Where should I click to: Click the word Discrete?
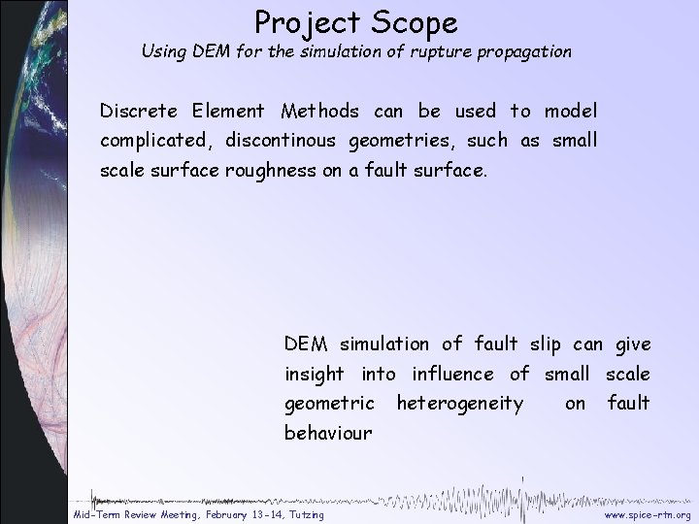pyautogui.click(x=137, y=111)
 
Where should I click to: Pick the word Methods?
pyautogui.click(x=317, y=111)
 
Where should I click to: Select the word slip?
pyautogui.click(x=540, y=344)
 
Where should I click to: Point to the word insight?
pyautogui.click(x=314, y=374)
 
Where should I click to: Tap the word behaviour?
pyautogui.click(x=327, y=432)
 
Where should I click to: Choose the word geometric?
pyautogui.click(x=330, y=403)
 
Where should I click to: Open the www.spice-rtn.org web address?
pyautogui.click(x=647, y=515)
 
